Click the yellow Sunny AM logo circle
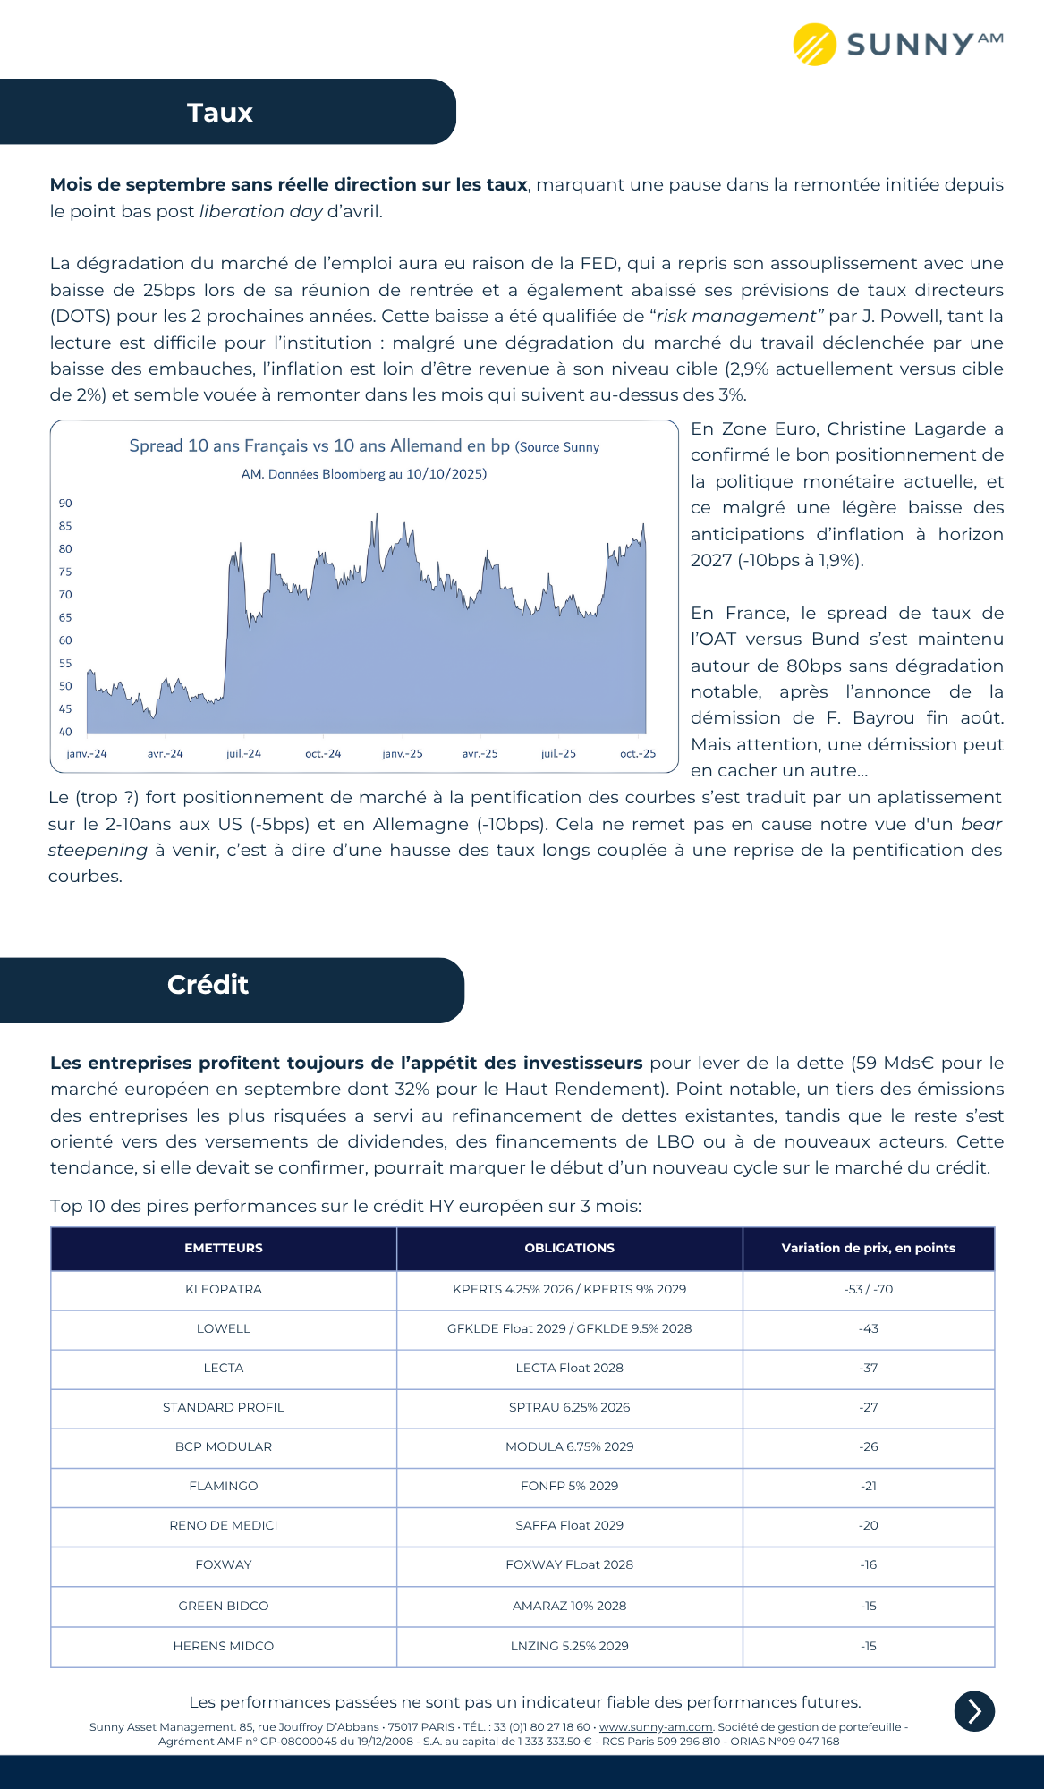point(814,45)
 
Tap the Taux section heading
point(220,113)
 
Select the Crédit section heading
point(208,985)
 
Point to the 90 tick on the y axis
point(65,504)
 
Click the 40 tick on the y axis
point(65,732)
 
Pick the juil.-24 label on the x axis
point(243,754)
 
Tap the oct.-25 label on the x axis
point(638,754)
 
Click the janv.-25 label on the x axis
point(403,754)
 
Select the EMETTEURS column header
point(224,1248)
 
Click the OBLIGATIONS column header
point(570,1248)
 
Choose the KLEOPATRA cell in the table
point(224,1289)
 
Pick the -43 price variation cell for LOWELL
point(869,1328)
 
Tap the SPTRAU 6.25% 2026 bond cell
point(570,1407)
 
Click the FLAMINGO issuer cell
point(224,1486)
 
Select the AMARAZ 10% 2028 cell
point(570,1606)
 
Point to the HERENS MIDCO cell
point(224,1646)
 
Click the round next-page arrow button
point(974,1711)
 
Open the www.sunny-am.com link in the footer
point(656,1727)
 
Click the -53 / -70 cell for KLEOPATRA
point(869,1289)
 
